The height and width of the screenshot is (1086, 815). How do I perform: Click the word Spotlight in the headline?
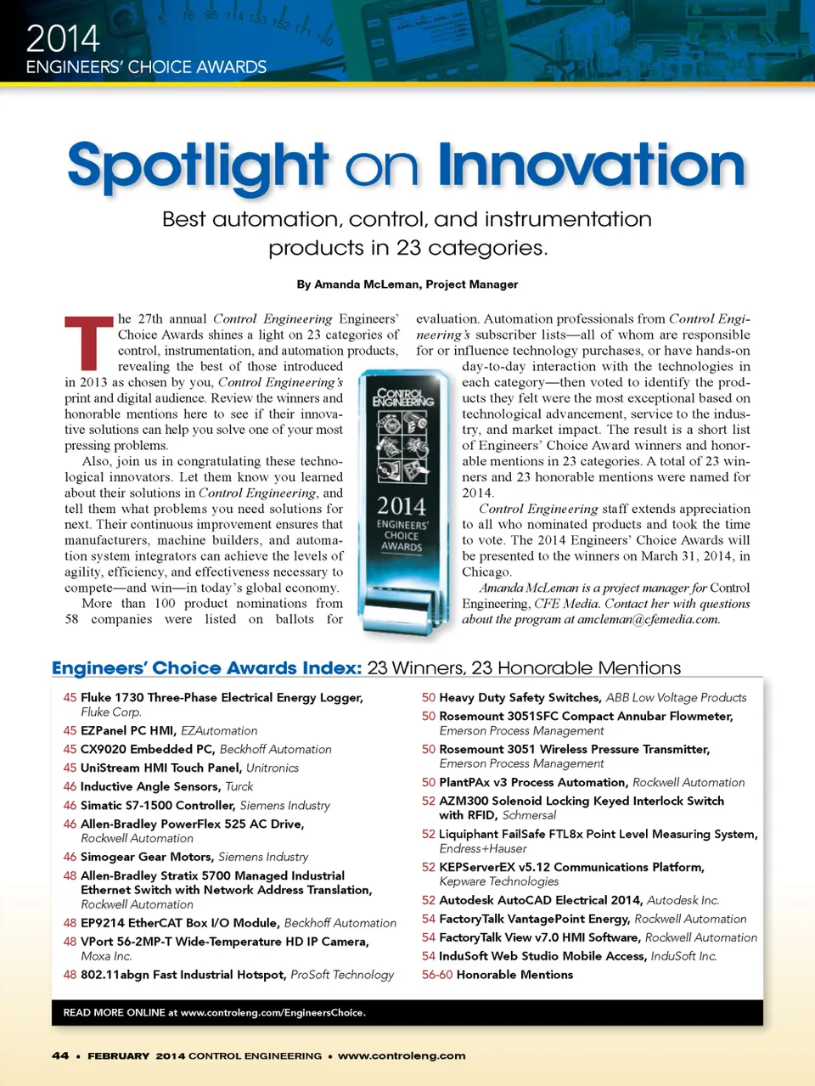pyautogui.click(x=197, y=166)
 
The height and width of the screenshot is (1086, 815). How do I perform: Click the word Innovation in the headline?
pyautogui.click(x=592, y=165)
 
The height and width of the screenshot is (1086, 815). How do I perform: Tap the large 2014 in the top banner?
pyautogui.click(x=63, y=38)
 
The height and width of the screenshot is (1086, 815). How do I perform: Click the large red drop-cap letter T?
pyautogui.click(x=88, y=342)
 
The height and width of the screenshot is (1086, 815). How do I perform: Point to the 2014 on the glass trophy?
pyautogui.click(x=402, y=506)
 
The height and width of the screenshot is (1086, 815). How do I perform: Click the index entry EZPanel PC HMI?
pyautogui.click(x=128, y=730)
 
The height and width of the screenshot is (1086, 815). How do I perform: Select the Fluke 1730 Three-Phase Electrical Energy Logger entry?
pyautogui.click(x=222, y=697)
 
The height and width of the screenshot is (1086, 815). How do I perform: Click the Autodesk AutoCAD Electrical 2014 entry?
pyautogui.click(x=541, y=900)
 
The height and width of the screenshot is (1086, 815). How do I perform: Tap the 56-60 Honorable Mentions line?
pyautogui.click(x=497, y=975)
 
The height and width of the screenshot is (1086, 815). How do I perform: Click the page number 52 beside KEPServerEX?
pyautogui.click(x=429, y=867)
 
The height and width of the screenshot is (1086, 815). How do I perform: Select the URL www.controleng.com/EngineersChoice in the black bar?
pyautogui.click(x=272, y=1013)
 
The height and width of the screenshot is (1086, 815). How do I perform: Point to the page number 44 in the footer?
pyautogui.click(x=60, y=1055)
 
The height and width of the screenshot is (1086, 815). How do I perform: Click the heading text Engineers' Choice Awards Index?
pyautogui.click(x=207, y=668)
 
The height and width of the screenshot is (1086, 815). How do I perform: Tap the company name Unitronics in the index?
pyautogui.click(x=273, y=768)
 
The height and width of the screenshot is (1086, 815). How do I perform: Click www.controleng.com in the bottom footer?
pyautogui.click(x=402, y=1055)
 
